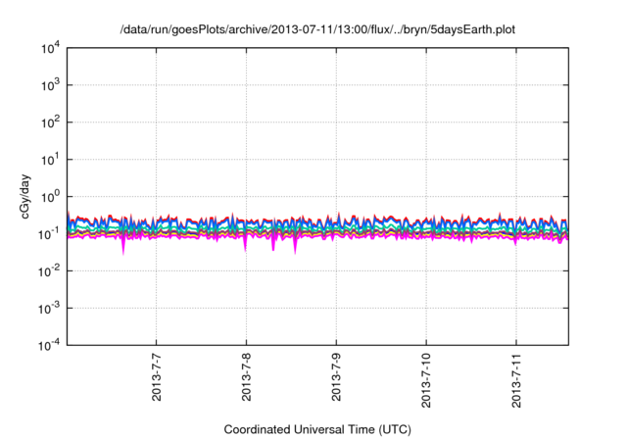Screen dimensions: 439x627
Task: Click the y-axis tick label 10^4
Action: (49, 47)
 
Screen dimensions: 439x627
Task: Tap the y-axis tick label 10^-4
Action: (49, 345)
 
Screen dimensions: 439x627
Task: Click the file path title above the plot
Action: (313, 30)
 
